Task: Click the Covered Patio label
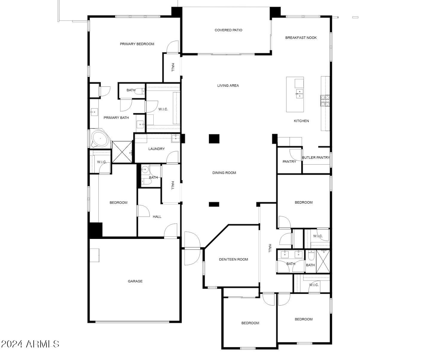click(x=228, y=30)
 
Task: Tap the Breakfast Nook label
click(x=301, y=38)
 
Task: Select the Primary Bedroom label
click(x=137, y=44)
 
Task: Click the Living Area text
click(x=228, y=86)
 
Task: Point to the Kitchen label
click(x=301, y=121)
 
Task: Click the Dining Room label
click(x=224, y=173)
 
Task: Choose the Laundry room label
click(x=156, y=149)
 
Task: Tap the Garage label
click(x=135, y=281)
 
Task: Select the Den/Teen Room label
click(x=233, y=260)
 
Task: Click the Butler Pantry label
click(x=316, y=158)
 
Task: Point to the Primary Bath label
click(x=116, y=118)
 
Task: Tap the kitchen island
click(x=295, y=94)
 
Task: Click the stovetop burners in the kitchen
click(x=325, y=101)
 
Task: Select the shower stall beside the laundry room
click(x=122, y=152)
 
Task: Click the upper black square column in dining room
click(x=214, y=139)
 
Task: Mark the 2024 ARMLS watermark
click(x=30, y=344)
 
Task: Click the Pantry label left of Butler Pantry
click(x=289, y=162)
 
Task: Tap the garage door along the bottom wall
click(x=132, y=322)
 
